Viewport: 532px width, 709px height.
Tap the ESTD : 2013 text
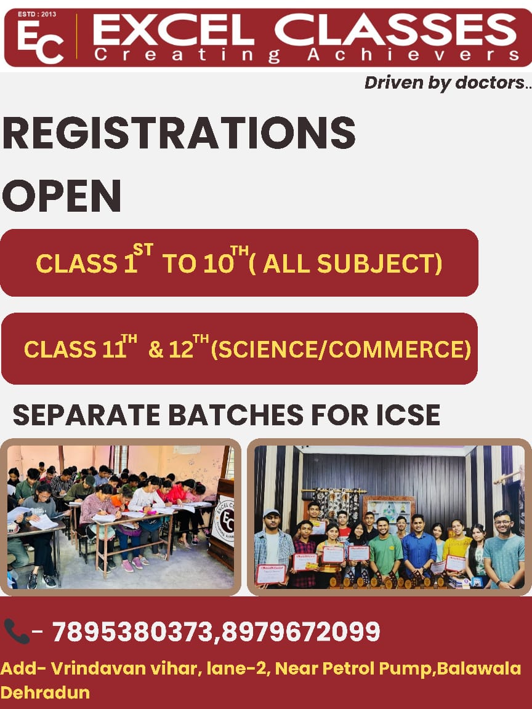tap(37, 14)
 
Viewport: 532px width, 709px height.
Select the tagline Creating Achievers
tap(307, 55)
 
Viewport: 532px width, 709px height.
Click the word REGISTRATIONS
tap(179, 132)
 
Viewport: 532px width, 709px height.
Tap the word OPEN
tap(62, 195)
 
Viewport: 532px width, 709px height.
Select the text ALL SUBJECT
tap(349, 263)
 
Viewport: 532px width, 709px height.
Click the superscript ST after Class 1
tap(143, 250)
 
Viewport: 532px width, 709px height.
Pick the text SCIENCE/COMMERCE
tap(341, 350)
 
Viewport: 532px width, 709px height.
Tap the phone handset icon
tap(16, 631)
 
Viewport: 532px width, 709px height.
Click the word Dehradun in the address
tap(45, 692)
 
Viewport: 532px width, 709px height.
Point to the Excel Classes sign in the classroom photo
tap(225, 520)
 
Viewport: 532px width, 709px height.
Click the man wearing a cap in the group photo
tap(272, 547)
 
